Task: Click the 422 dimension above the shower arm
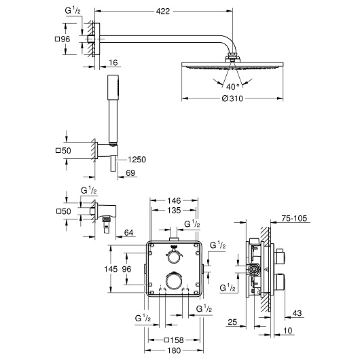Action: (x=162, y=11)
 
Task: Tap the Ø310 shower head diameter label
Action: (x=232, y=98)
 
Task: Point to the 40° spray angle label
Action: (x=232, y=86)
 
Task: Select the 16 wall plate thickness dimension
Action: (x=113, y=62)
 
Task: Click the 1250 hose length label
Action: (x=137, y=160)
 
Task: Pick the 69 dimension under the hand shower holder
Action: (x=130, y=173)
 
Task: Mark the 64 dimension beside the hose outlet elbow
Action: (x=128, y=232)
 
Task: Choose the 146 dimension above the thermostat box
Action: (x=174, y=200)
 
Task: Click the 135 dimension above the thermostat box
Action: (x=174, y=210)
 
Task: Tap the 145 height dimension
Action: (x=111, y=269)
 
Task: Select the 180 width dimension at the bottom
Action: (x=174, y=350)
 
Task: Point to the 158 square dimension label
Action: (x=174, y=340)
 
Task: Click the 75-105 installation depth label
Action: (x=294, y=218)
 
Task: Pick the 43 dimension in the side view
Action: (x=297, y=313)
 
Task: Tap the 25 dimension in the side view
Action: (x=232, y=322)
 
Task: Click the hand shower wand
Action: (x=113, y=110)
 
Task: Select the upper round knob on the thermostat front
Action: (x=174, y=256)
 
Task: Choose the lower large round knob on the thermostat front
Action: (x=174, y=281)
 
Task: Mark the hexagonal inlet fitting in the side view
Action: (x=254, y=269)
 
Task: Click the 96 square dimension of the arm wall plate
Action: (x=63, y=39)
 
